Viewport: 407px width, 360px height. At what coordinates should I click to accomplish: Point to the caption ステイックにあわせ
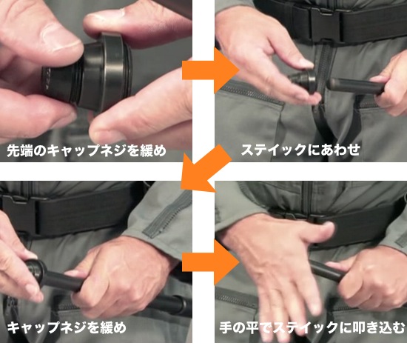tap(300, 150)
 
